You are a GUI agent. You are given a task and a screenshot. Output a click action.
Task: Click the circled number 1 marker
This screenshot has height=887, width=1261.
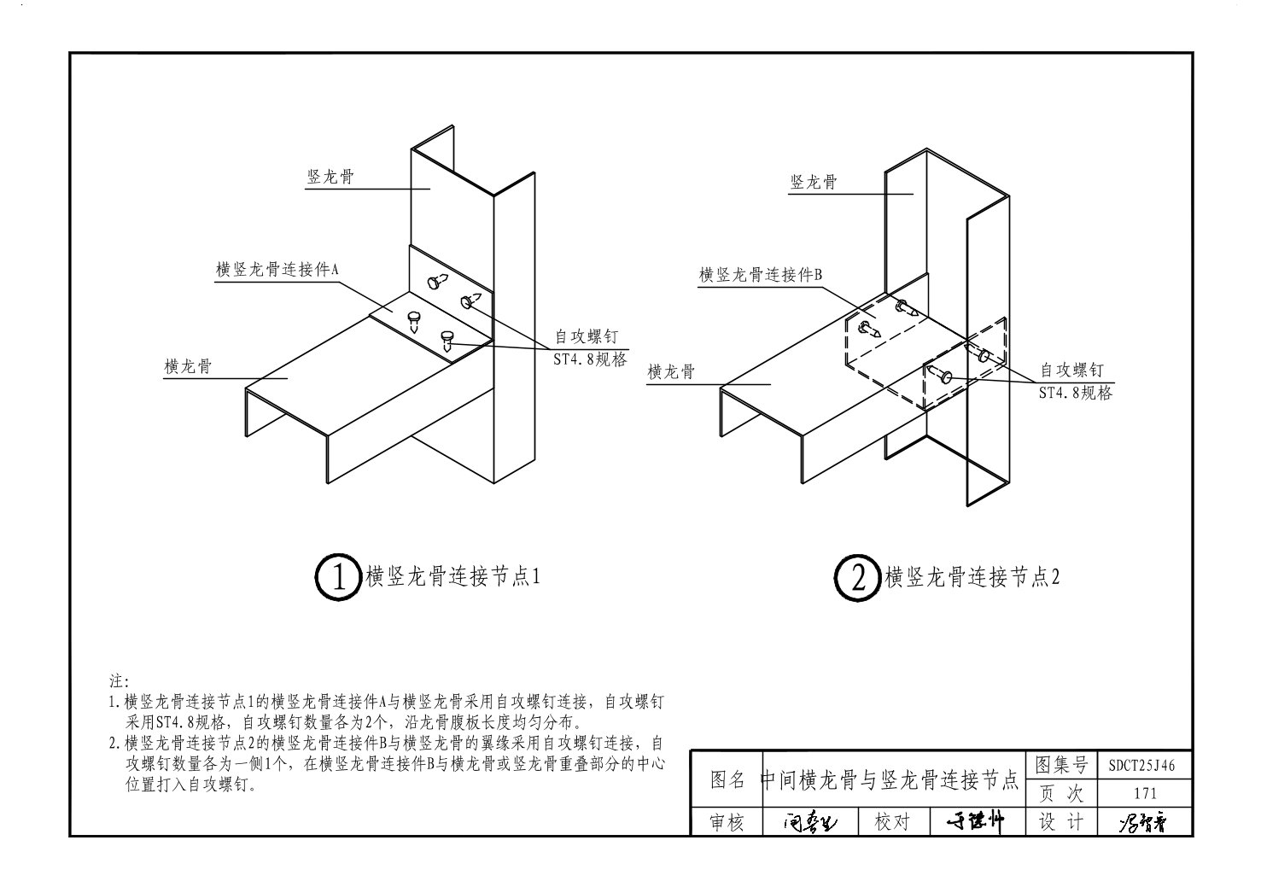coord(339,578)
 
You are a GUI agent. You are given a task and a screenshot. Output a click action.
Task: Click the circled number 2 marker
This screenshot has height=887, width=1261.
coord(857,578)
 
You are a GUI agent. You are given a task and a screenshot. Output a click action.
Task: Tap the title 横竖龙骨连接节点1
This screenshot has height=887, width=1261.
coord(453,577)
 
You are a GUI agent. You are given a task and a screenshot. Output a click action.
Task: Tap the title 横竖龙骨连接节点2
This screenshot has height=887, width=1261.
coord(972,577)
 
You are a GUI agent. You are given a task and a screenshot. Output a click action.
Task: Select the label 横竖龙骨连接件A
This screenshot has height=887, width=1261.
coord(277,269)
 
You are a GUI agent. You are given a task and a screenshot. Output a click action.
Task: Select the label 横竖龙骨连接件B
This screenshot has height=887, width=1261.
coord(760,275)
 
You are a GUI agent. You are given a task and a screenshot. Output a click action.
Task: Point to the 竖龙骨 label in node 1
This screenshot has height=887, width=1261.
coord(330,178)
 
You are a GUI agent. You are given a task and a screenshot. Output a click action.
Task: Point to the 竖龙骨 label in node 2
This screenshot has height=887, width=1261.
coord(814,182)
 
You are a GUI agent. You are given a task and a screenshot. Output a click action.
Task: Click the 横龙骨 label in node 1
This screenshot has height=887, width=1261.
coord(188,366)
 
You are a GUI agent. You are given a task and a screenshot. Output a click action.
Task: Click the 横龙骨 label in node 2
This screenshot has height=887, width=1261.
coord(671,372)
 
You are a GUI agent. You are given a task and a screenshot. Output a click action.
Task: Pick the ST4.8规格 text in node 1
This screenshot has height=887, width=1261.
coord(590,359)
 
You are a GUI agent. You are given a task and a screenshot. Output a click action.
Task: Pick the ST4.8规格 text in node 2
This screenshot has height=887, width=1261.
coord(1075,393)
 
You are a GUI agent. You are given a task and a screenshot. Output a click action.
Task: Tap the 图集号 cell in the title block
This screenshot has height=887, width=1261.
coord(1060,764)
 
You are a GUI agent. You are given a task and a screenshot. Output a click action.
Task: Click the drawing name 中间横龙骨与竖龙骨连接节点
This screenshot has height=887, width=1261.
coord(889,779)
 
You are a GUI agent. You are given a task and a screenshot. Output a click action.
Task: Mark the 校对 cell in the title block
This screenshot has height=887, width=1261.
coord(892,821)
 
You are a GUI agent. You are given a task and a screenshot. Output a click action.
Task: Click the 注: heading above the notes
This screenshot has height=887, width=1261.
coord(118,682)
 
